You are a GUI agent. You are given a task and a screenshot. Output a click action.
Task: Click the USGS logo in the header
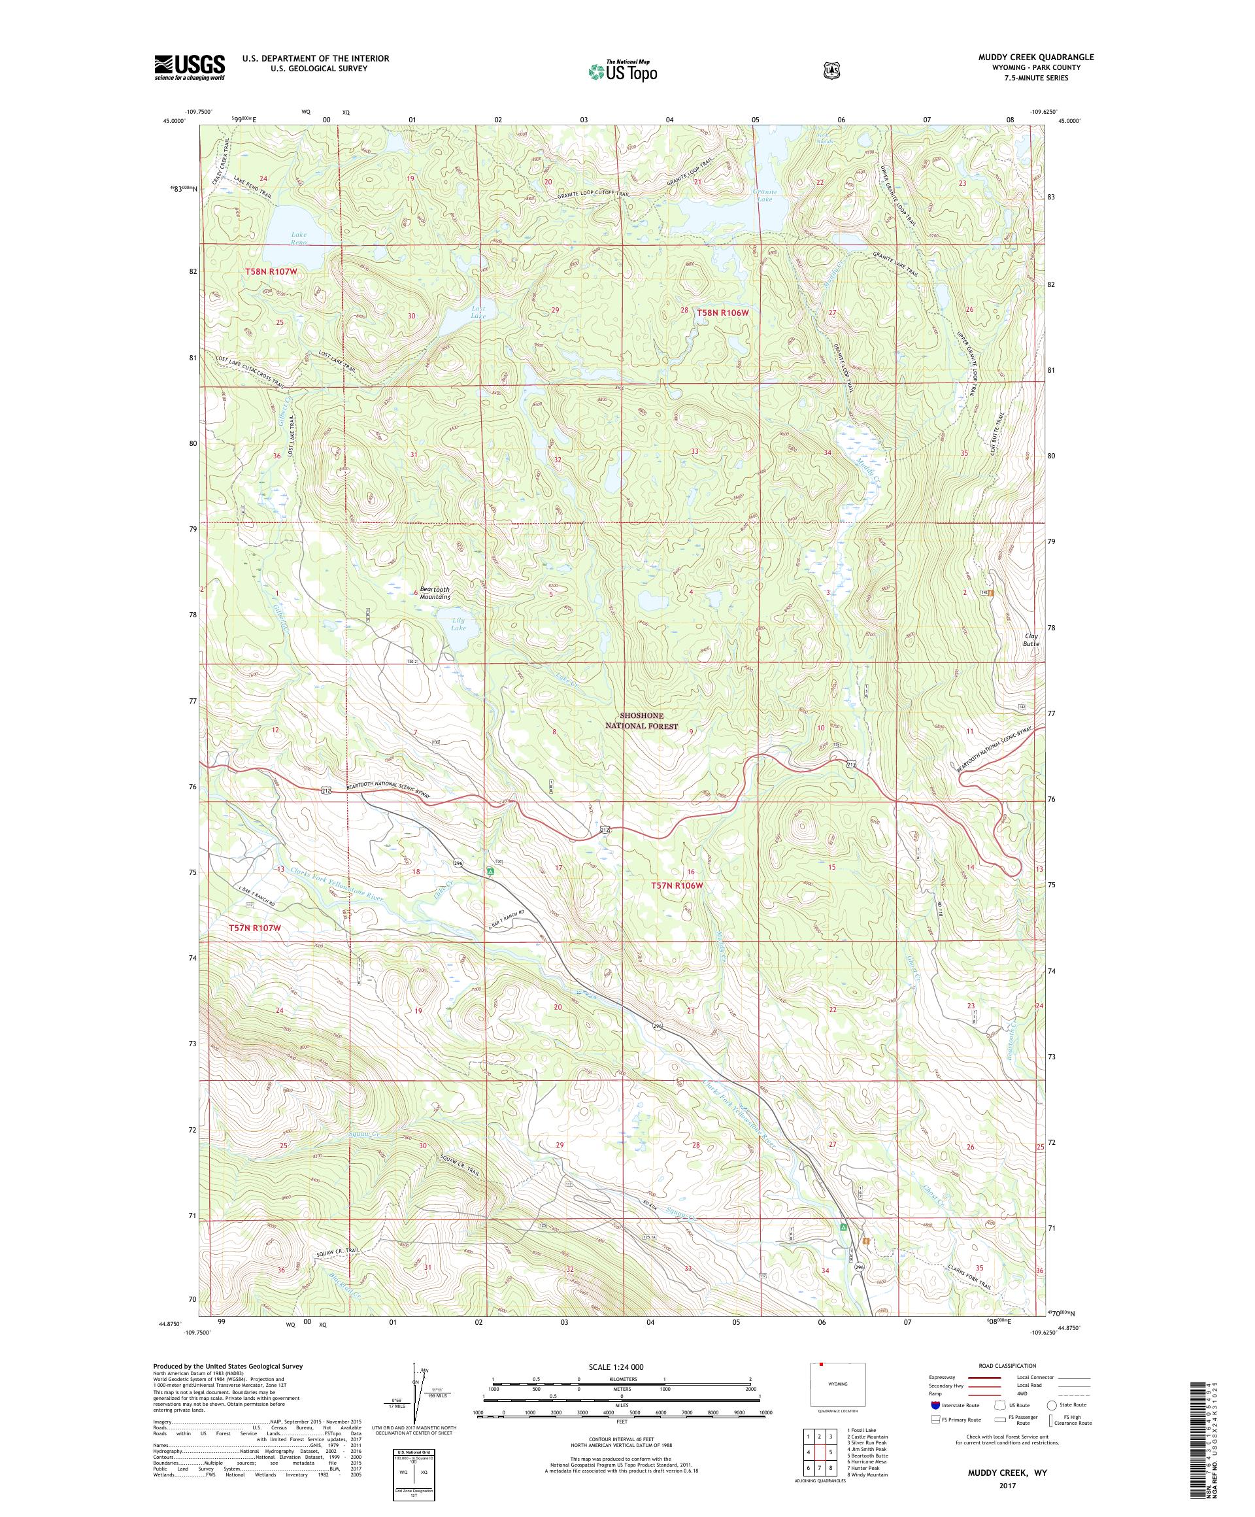pos(189,68)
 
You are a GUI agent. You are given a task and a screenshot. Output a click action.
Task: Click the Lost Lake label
pos(478,312)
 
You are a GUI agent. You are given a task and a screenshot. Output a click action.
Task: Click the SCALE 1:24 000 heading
pos(621,1367)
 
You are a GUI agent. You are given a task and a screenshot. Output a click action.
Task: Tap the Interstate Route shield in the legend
pos(935,1405)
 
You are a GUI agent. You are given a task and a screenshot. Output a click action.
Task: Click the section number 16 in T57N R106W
pos(690,872)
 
